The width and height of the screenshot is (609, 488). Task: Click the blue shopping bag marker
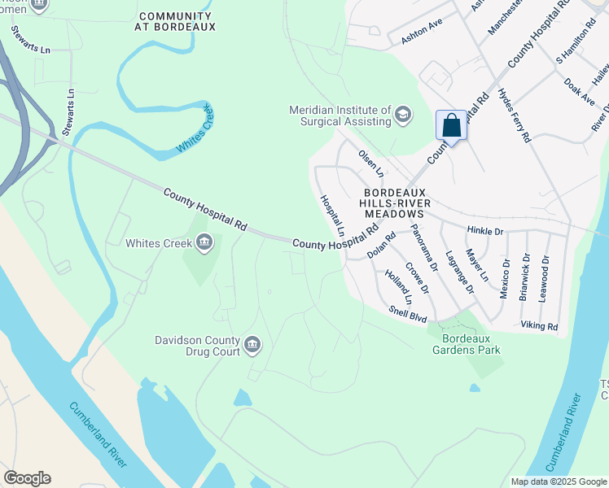pyautogui.click(x=451, y=125)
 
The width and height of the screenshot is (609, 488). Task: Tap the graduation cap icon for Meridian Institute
pyautogui.click(x=402, y=115)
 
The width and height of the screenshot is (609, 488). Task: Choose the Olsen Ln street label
pyautogui.click(x=370, y=163)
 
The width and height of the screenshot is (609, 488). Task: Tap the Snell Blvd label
pyautogui.click(x=407, y=314)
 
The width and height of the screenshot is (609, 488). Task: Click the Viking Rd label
pyautogui.click(x=539, y=326)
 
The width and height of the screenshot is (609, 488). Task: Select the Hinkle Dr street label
pyautogui.click(x=485, y=232)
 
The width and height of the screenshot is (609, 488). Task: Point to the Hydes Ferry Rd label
pyautogui.click(x=515, y=115)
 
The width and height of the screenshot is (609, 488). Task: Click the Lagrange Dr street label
pyautogui.click(x=459, y=271)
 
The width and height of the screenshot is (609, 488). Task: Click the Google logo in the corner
pyautogui.click(x=27, y=478)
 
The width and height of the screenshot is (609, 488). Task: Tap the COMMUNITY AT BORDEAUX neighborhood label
pyautogui.click(x=177, y=21)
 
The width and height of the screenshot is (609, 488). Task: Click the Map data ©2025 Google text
pyautogui.click(x=559, y=481)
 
